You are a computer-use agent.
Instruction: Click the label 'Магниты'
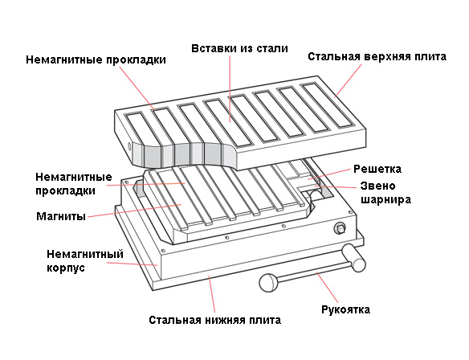point(60,216)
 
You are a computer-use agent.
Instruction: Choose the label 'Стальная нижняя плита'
point(214,320)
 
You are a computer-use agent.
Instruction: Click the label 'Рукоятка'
point(345,309)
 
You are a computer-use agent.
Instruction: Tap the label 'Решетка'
point(377,170)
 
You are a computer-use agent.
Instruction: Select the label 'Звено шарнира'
point(384,194)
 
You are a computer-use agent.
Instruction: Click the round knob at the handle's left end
point(268,282)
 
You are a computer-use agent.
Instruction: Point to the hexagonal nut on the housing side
point(341,229)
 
